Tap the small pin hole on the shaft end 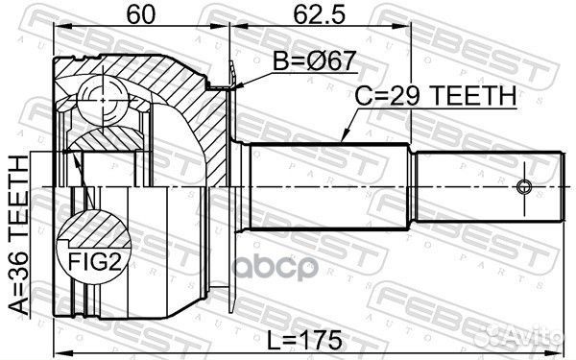[x=524, y=186]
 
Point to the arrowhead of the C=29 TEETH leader [x=343, y=142]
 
